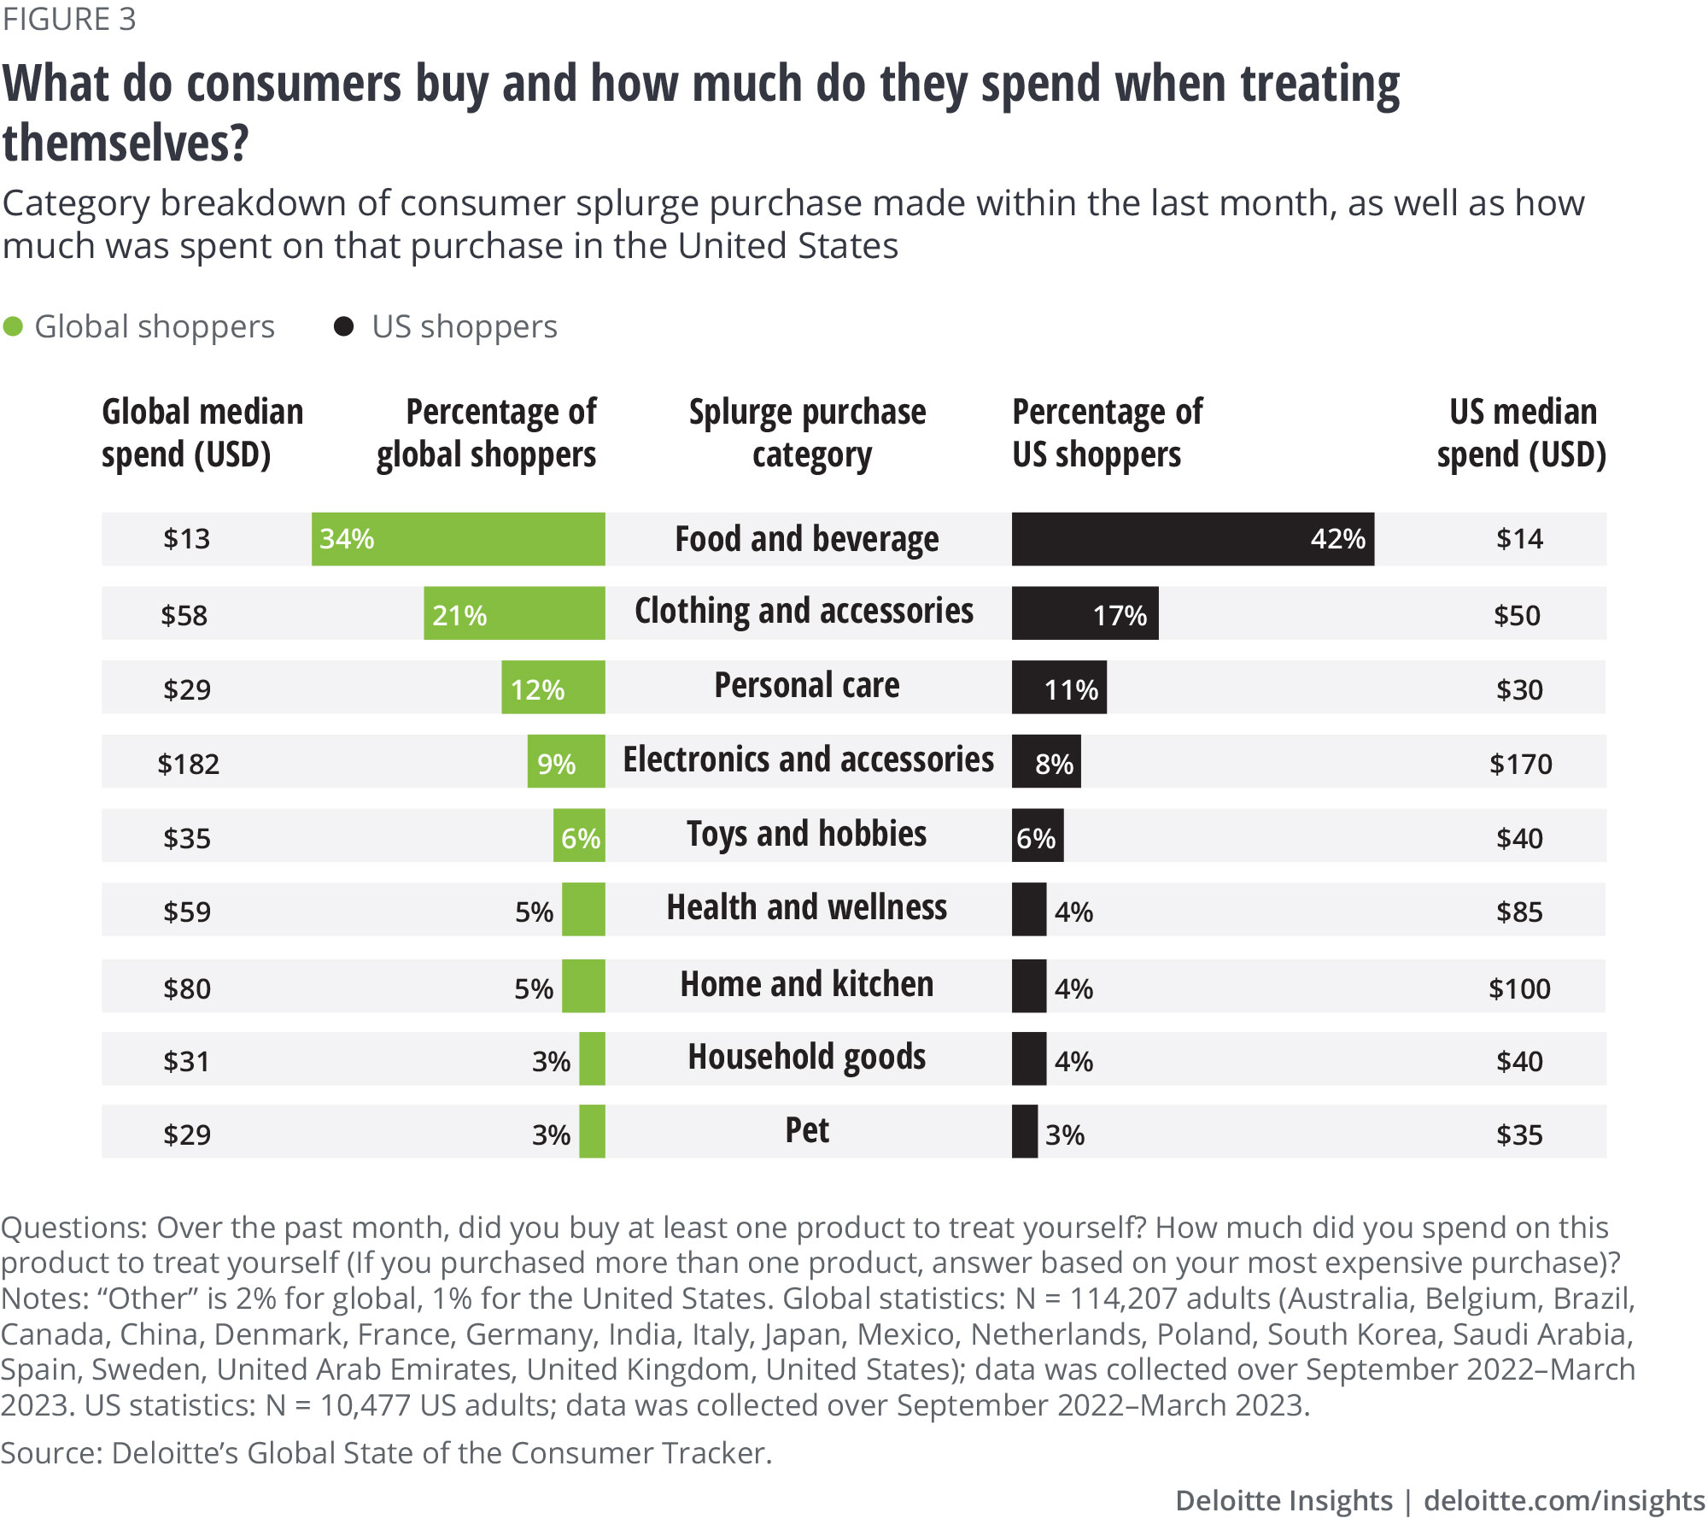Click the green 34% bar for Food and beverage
(x=458, y=539)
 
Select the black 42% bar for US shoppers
(x=1192, y=539)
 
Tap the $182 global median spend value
(x=188, y=764)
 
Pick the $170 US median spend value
(x=1520, y=764)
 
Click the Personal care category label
(x=807, y=686)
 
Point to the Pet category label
(x=807, y=1131)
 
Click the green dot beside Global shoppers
(x=13, y=327)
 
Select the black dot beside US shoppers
(x=343, y=327)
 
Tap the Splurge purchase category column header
(x=808, y=433)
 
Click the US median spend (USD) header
(x=1522, y=433)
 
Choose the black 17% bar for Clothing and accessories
(x=1085, y=613)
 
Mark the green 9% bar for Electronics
(x=566, y=762)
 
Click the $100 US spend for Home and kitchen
(x=1519, y=988)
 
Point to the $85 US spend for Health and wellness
(x=1519, y=912)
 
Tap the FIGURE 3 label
(x=69, y=19)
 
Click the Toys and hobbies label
(x=807, y=834)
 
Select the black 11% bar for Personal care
(x=1059, y=688)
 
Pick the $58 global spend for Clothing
(x=184, y=615)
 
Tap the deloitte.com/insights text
(x=1564, y=1500)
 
